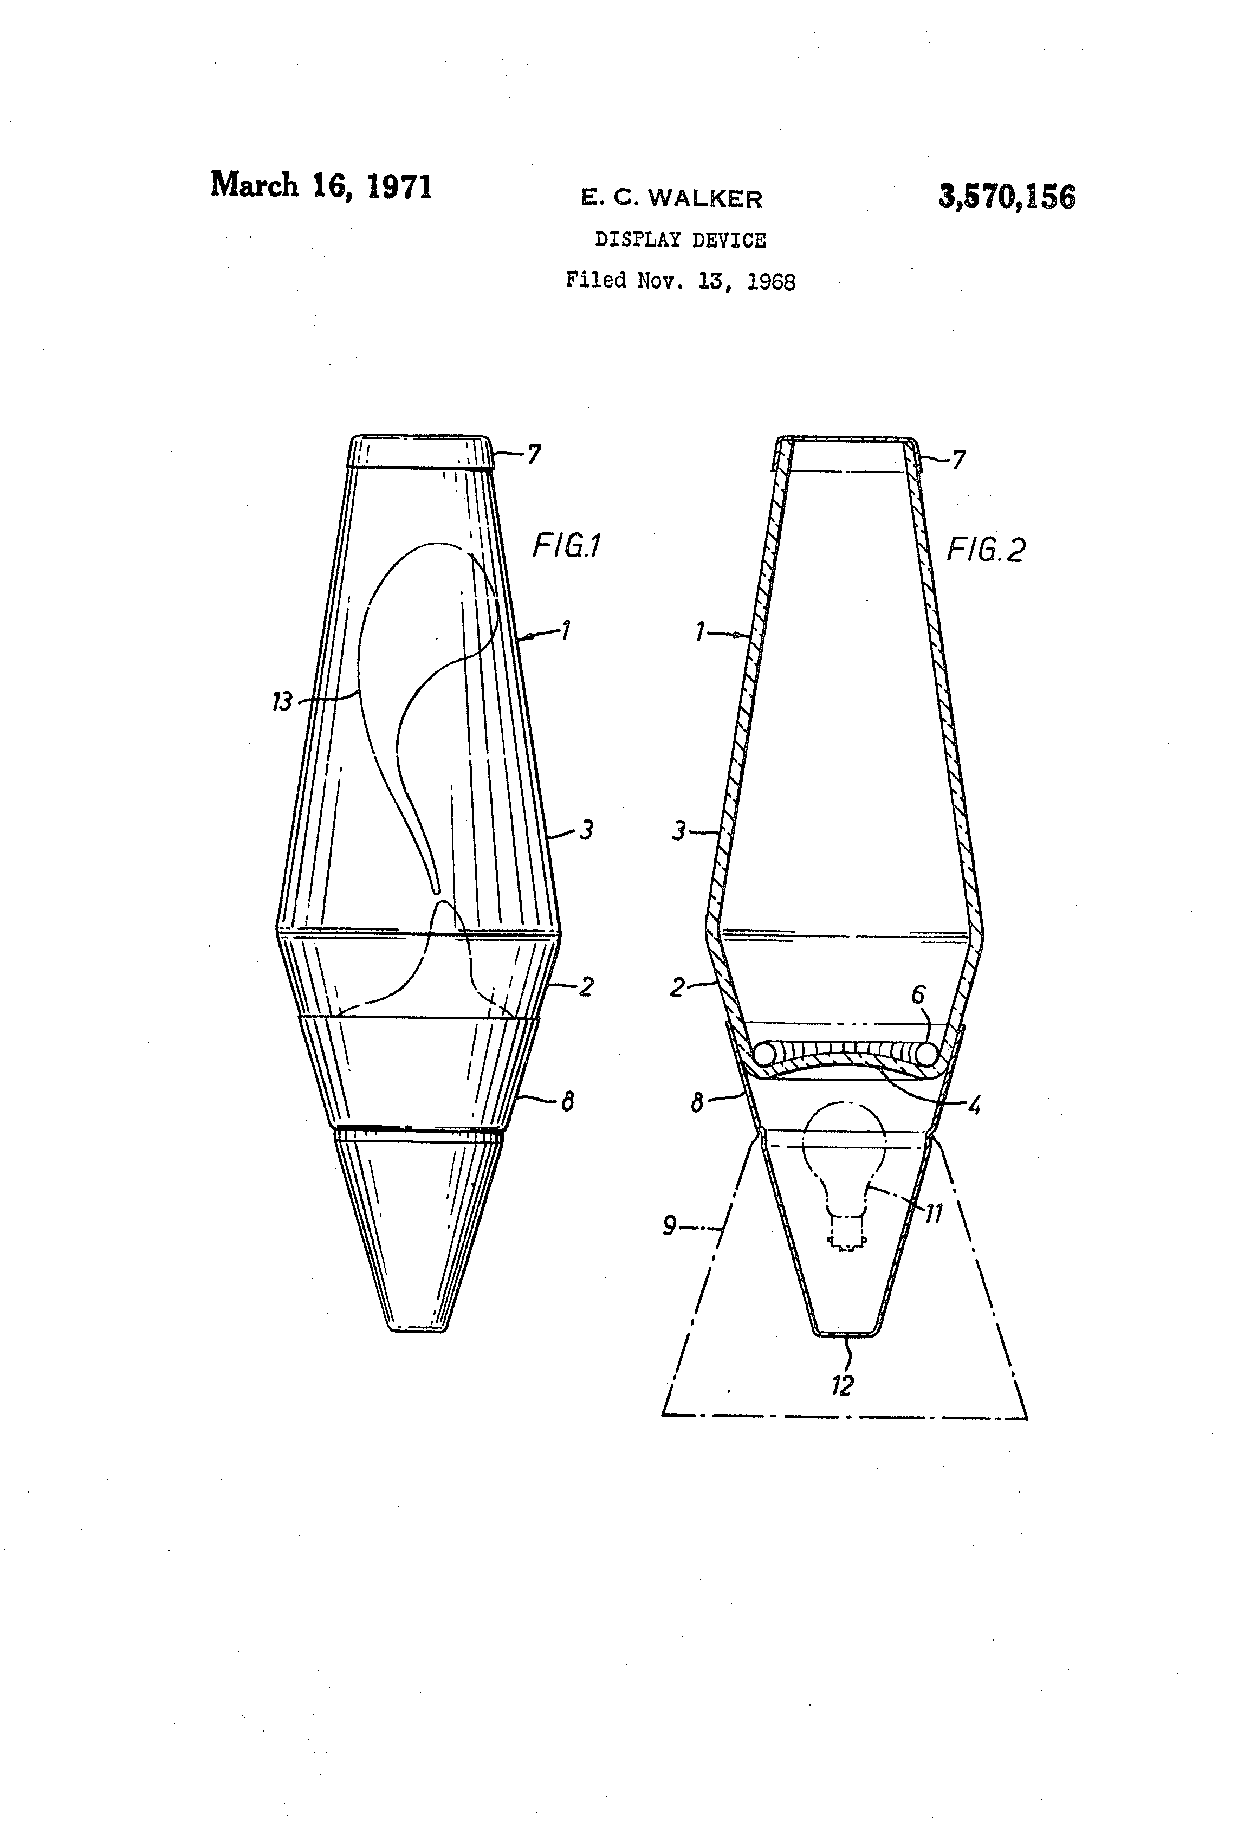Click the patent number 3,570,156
pyautogui.click(x=1007, y=196)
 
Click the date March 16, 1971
pyautogui.click(x=321, y=186)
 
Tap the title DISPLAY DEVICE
pyautogui.click(x=680, y=240)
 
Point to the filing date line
pyautogui.click(x=680, y=281)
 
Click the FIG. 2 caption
pyautogui.click(x=985, y=550)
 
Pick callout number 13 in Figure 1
pyautogui.click(x=282, y=702)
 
